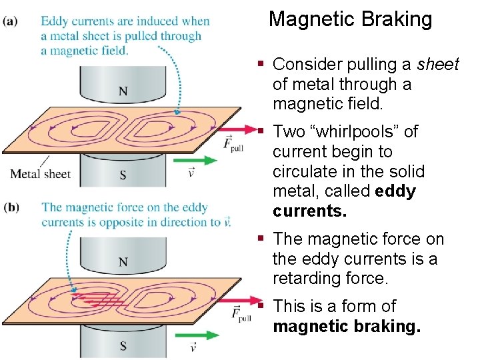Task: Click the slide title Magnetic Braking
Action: point(350,19)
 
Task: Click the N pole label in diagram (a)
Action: point(123,91)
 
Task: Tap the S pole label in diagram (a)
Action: point(123,175)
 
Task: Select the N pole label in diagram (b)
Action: point(123,263)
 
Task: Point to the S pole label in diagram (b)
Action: point(123,345)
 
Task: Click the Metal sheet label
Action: point(40,174)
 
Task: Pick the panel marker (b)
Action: point(11,207)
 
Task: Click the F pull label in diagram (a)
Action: point(233,144)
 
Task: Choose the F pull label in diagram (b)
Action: point(233,314)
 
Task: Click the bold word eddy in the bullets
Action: point(395,192)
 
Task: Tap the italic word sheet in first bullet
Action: point(438,65)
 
